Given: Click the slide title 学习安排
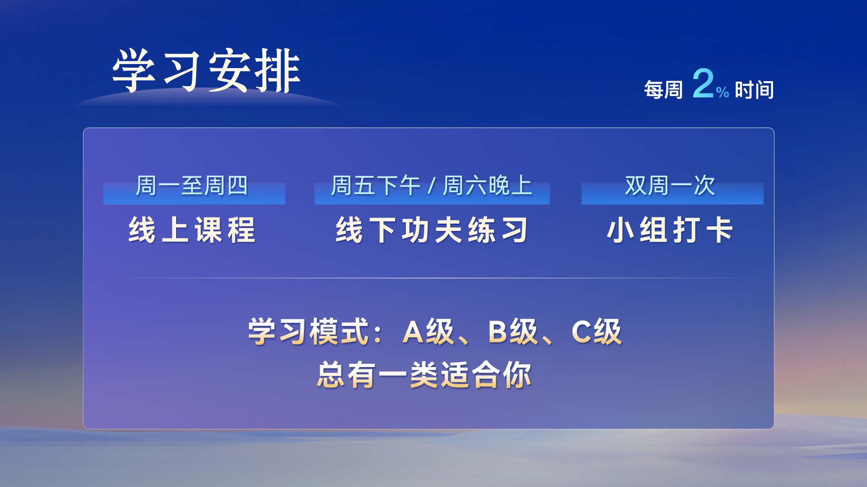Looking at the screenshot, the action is [206, 71].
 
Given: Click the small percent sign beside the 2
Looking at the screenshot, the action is [722, 92].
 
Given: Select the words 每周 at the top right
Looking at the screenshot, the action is [663, 90].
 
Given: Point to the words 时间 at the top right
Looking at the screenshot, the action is [755, 90].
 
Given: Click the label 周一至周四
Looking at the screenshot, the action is [192, 185].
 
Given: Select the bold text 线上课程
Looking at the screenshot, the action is [192, 230].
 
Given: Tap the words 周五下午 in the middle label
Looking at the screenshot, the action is [376, 185].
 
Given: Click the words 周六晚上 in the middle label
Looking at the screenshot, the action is [488, 185].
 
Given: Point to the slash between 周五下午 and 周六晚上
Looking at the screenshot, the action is [432, 186].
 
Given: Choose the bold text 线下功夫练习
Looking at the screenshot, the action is [432, 230].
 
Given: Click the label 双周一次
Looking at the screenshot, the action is [670, 185].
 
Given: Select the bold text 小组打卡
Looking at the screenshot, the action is [670, 230].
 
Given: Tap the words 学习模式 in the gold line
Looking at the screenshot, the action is [309, 331].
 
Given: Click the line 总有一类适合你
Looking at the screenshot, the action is [424, 375].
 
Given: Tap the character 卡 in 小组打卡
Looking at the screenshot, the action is [720, 230].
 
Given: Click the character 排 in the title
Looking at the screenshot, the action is [278, 71].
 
